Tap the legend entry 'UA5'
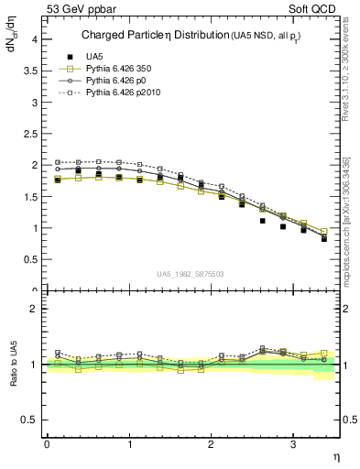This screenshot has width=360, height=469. coord(94,57)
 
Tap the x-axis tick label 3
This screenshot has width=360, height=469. coord(292,444)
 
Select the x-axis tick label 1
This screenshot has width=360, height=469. coord(128,444)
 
